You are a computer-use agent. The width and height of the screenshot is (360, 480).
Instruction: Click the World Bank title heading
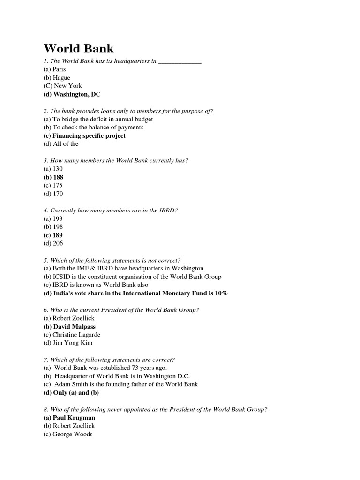79,48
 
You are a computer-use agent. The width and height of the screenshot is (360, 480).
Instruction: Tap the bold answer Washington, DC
77,94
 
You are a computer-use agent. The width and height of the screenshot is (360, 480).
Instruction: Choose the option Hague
61,78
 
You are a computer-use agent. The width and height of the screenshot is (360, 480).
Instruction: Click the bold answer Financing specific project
89,136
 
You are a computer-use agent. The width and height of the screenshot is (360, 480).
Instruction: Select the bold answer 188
58,177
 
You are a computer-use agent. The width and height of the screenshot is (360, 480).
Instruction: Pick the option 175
58,186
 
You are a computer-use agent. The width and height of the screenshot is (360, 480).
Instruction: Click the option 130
58,169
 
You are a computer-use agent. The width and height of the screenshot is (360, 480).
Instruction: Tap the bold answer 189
58,235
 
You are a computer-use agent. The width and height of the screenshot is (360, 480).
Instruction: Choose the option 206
58,243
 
